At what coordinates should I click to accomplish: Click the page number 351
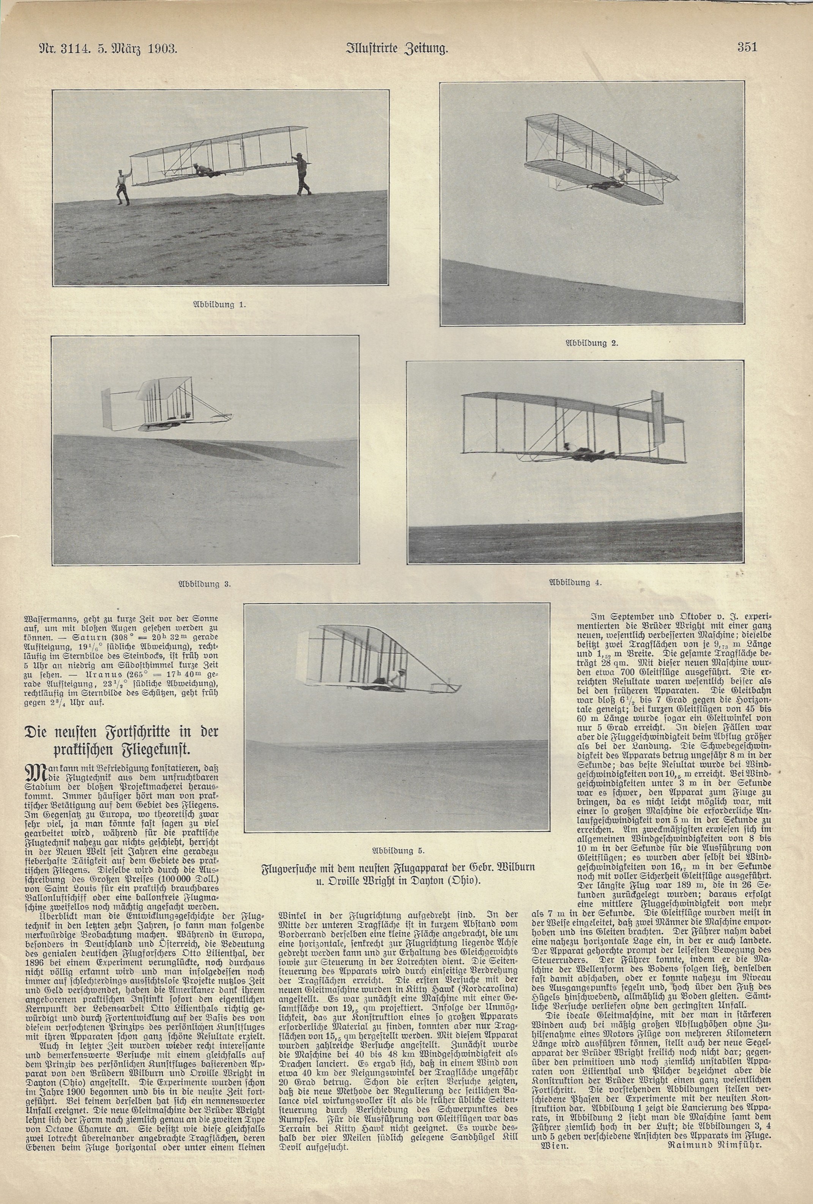(x=747, y=48)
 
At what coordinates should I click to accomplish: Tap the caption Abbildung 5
(x=398, y=850)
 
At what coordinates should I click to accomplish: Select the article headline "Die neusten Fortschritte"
(x=123, y=740)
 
